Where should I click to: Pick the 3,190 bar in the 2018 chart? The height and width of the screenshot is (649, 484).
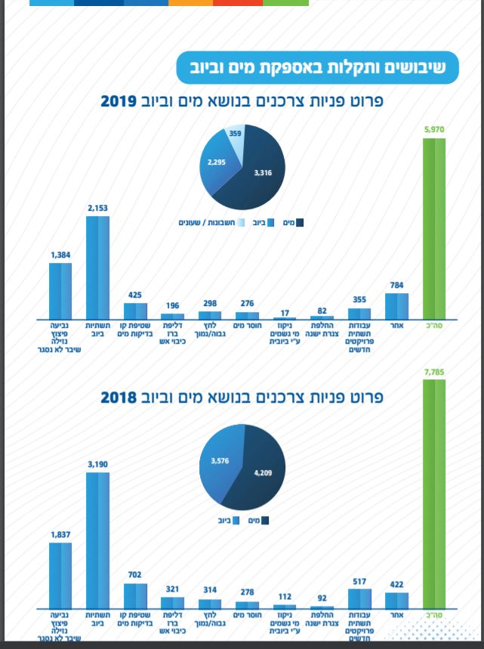point(98,540)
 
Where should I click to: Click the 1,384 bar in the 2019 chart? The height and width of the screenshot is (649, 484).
point(60,290)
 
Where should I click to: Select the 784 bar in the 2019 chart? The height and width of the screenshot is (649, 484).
point(396,305)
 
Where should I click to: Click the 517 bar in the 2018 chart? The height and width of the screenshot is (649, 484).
point(359,598)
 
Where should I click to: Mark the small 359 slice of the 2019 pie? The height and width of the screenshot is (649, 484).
point(236,137)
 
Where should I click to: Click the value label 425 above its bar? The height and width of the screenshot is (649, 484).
point(135,295)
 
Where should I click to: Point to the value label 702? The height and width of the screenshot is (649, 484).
point(135,575)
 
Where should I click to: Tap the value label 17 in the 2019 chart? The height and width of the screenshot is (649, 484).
point(285,311)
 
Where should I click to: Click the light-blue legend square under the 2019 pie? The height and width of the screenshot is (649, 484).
point(241,223)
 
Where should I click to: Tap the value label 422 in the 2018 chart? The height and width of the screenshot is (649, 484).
point(396,583)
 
